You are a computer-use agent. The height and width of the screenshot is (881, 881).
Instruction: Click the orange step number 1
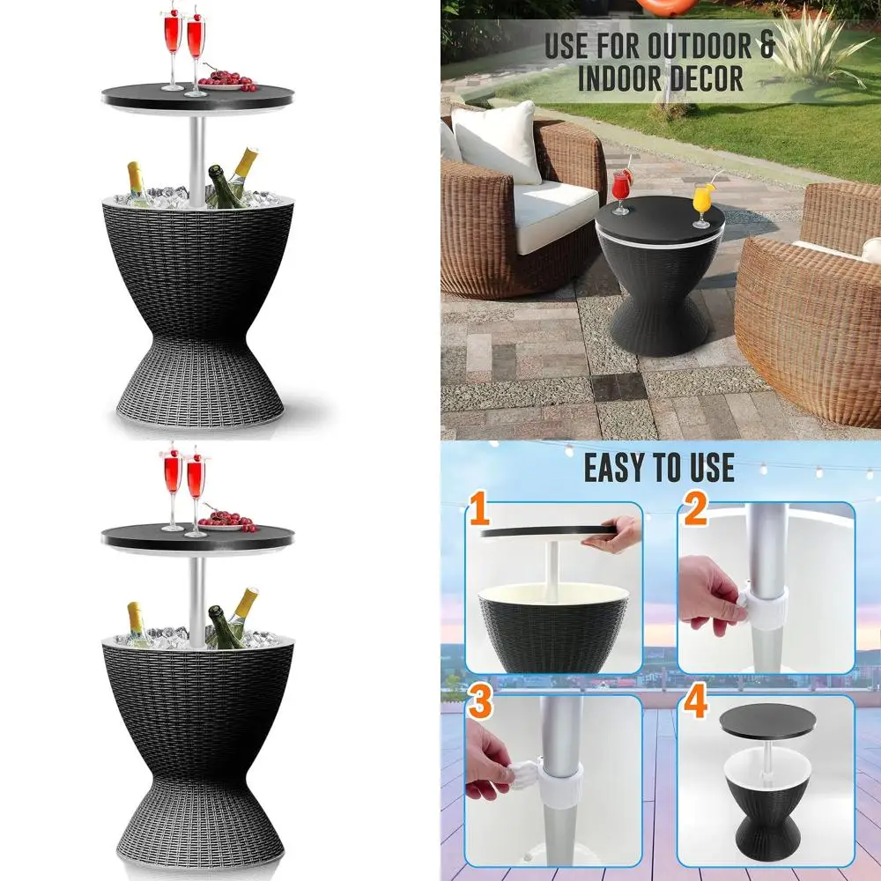click(x=479, y=513)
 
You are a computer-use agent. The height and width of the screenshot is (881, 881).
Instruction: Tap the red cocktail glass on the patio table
click(x=623, y=187)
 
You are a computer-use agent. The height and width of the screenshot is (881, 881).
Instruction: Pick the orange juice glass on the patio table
click(x=701, y=201)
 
